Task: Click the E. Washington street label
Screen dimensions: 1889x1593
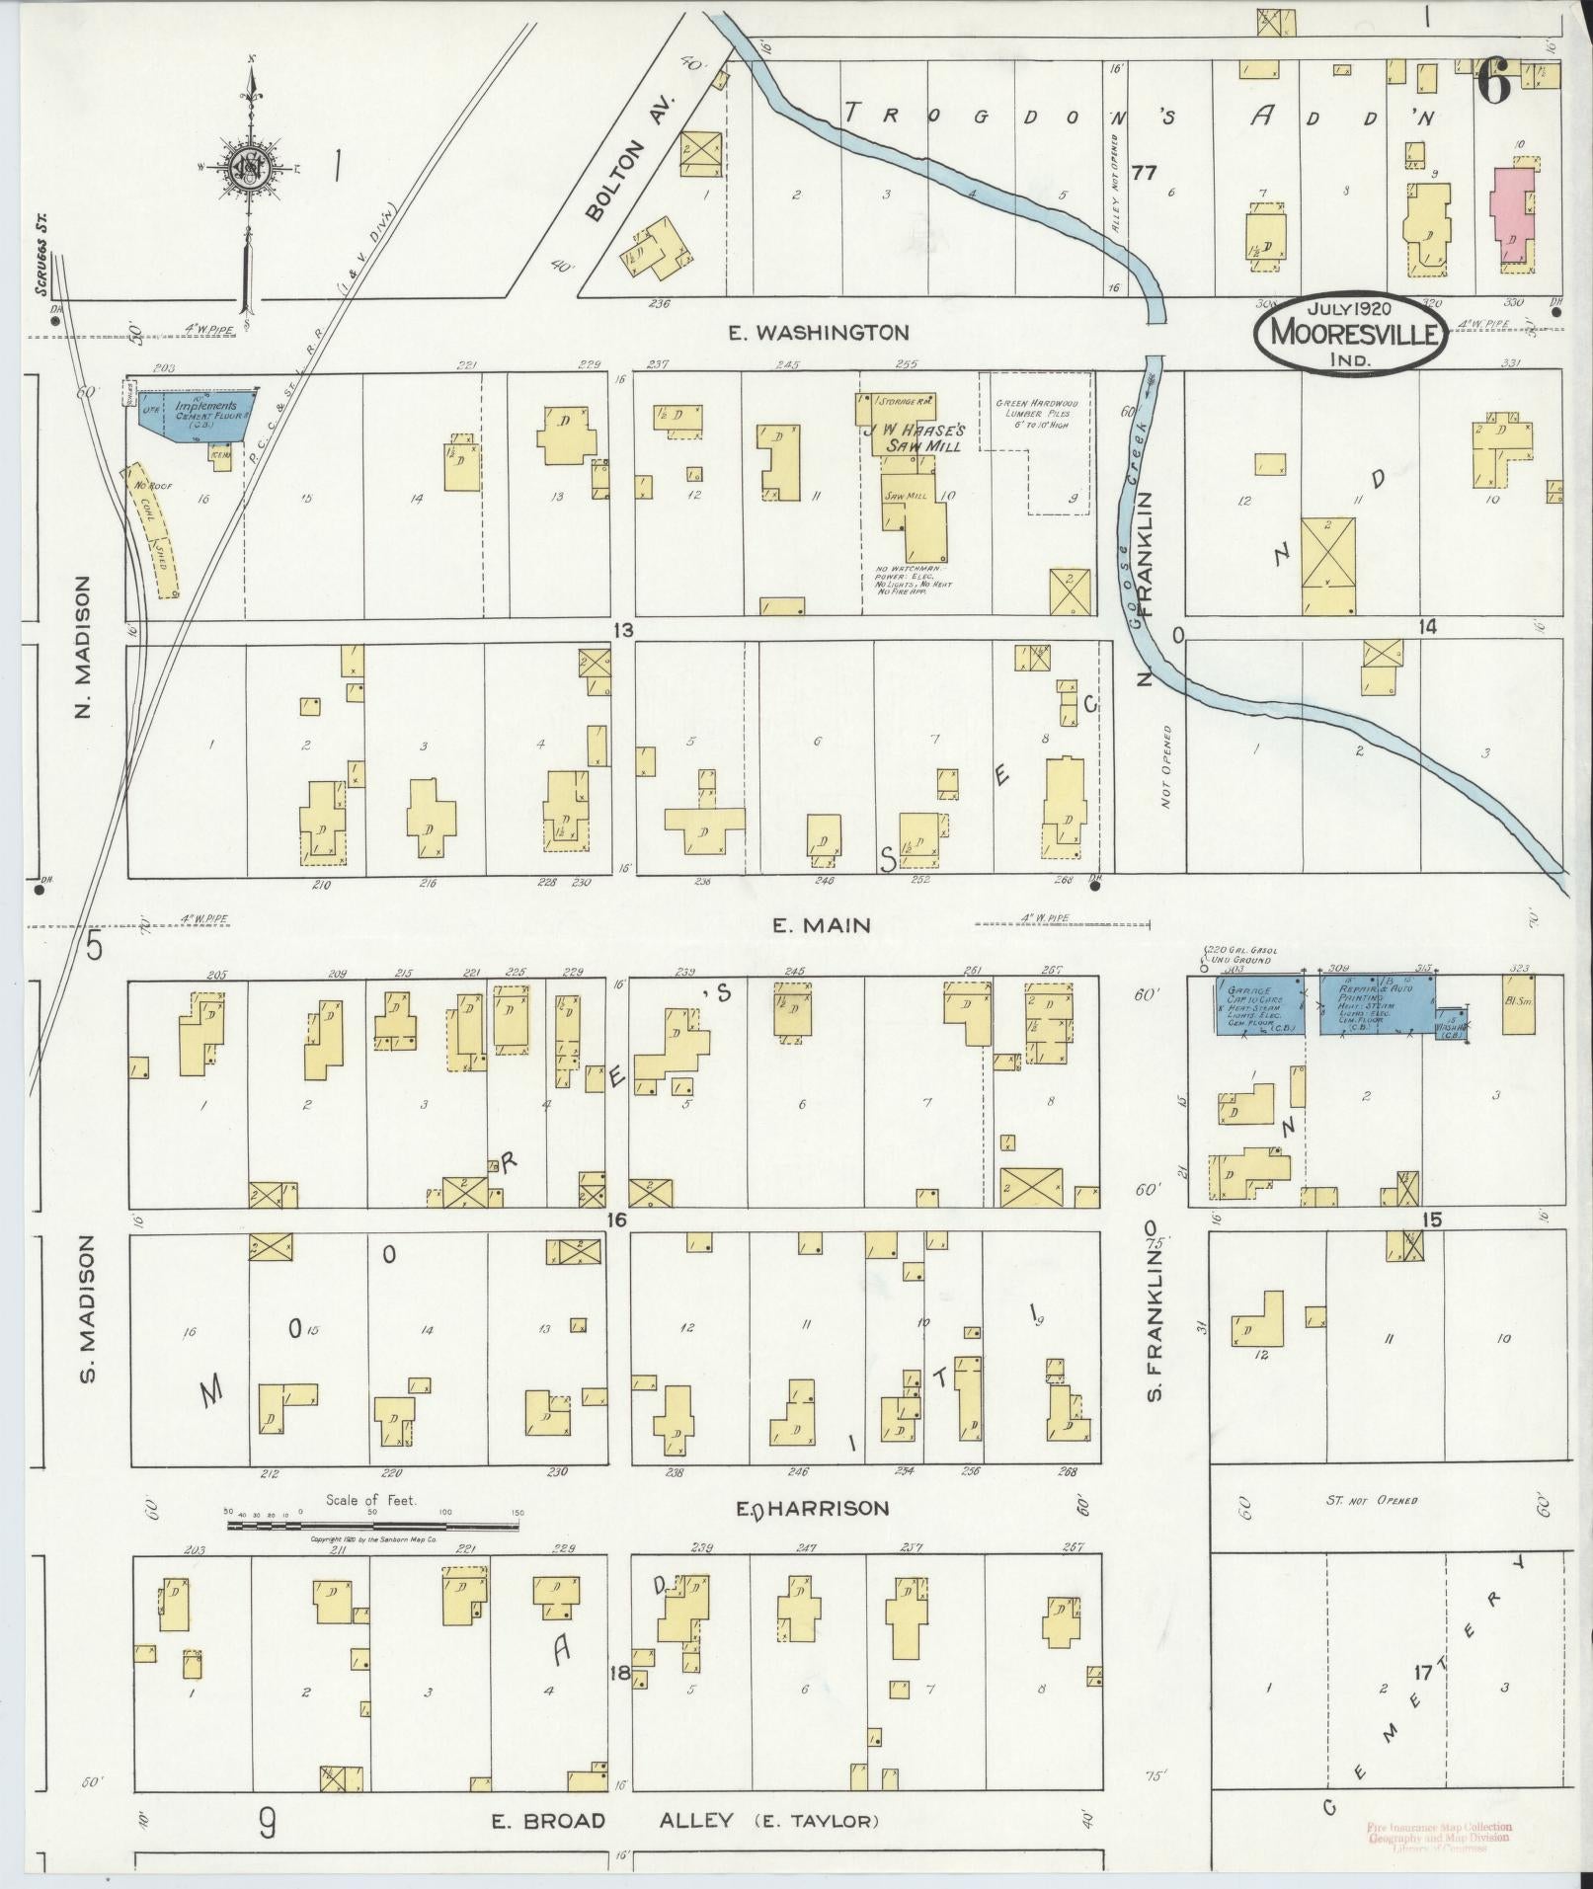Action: click(818, 333)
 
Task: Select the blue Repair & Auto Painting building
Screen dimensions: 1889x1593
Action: click(1376, 1005)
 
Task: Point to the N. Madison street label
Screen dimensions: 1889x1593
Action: click(82, 647)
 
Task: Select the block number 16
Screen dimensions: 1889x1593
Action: click(616, 1220)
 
